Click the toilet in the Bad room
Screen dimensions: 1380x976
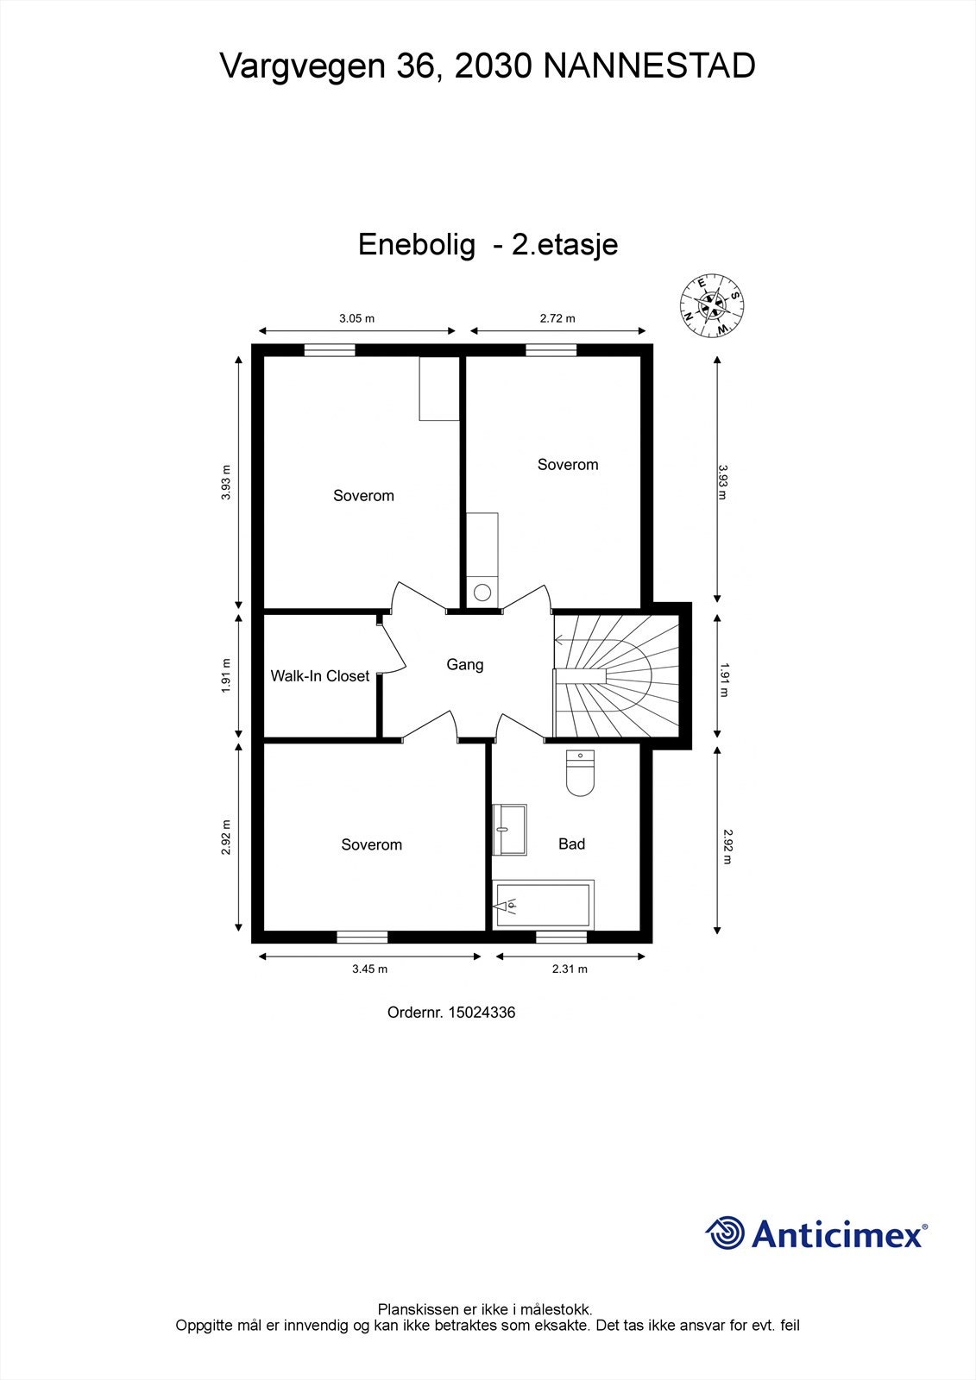tap(580, 773)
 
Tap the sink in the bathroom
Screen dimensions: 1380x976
tap(510, 830)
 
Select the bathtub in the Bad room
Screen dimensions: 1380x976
tap(543, 905)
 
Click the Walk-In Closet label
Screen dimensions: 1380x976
tap(319, 676)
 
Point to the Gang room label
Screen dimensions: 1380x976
tap(464, 665)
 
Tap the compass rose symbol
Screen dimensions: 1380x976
tap(713, 305)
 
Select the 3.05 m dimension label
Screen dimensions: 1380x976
tap(356, 318)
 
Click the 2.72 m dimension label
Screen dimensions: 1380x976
tap(557, 318)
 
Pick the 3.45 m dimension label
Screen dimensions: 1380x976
tap(369, 969)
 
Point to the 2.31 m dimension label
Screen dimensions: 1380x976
tap(570, 969)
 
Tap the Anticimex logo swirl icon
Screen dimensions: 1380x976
tap(726, 1233)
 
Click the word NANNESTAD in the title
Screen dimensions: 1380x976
tap(649, 66)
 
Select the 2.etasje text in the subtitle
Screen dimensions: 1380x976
tap(564, 245)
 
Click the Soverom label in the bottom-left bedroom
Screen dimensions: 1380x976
tap(371, 845)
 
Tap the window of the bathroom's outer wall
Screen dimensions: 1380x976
tap(561, 937)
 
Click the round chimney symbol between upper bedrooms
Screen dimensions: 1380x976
tap(482, 593)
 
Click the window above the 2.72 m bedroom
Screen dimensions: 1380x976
tap(551, 350)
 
